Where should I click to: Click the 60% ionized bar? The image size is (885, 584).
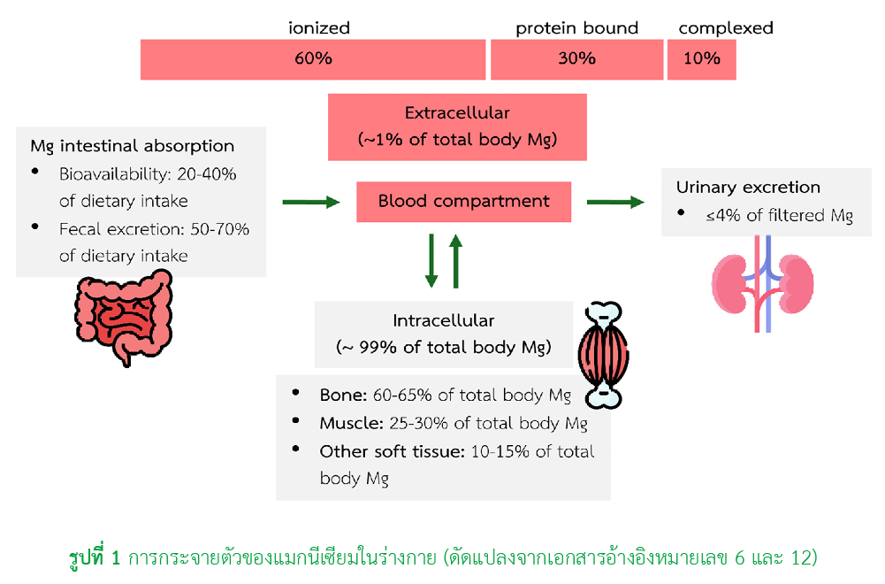click(x=313, y=59)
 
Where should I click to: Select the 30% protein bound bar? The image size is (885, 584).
click(x=576, y=59)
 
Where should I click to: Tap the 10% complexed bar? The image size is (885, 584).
click(x=702, y=59)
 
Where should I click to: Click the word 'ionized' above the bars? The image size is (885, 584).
click(x=319, y=27)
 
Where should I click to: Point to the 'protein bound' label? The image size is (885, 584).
click(x=576, y=28)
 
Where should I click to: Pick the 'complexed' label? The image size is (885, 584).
click(x=726, y=28)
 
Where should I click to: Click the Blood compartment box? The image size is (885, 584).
click(x=463, y=202)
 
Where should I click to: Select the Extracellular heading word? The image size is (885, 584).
click(x=457, y=113)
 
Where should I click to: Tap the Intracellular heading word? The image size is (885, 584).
click(x=444, y=321)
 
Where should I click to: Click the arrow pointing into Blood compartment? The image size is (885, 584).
click(x=311, y=203)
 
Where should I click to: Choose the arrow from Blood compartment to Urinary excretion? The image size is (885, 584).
click(x=615, y=203)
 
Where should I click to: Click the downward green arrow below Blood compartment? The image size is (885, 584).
click(x=431, y=261)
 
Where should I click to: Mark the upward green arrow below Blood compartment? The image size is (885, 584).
click(x=456, y=261)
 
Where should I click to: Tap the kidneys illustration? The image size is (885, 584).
click(x=762, y=283)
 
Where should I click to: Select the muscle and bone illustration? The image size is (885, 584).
click(x=603, y=355)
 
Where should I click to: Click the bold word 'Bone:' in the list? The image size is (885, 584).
click(x=343, y=395)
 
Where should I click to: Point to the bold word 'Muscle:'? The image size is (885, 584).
click(x=351, y=423)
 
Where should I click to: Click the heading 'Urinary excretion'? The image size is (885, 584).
click(x=748, y=188)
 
